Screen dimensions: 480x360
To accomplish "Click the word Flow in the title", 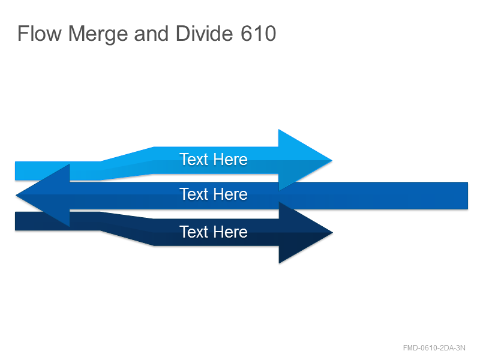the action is pos(40,34).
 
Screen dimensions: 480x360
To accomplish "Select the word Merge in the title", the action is pos(98,35).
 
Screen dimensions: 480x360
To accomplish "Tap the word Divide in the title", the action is pos(204,34).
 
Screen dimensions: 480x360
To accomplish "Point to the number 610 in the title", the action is pos(258,34).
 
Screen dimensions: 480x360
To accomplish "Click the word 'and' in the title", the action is pos(151,34).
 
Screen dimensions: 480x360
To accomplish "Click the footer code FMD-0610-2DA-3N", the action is pos(434,348).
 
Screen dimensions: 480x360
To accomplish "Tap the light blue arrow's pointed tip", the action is pos(332,160).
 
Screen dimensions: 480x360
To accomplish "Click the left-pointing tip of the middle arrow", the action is pos(16,195).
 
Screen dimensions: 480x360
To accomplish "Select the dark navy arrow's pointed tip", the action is pos(332,233).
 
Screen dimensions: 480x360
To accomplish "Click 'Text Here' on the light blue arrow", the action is pos(214,160).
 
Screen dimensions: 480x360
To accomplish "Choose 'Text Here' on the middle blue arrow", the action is pos(214,194).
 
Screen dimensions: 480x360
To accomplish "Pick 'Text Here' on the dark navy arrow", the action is pos(214,232).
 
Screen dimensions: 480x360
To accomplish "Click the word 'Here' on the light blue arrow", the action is pos(230,160).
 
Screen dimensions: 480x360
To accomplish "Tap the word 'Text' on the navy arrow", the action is pos(194,232).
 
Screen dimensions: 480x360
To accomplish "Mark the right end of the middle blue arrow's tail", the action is pos(467,196).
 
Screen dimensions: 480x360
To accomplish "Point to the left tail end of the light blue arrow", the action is pos(16,171).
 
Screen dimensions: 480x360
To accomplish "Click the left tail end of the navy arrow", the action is pos(16,221).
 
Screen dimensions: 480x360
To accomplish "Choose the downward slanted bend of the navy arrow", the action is pos(127,229).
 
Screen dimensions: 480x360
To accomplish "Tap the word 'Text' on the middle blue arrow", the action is pos(194,194).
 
